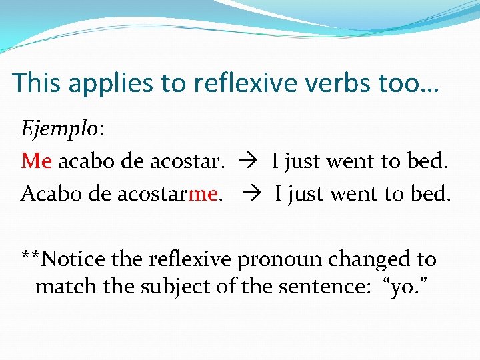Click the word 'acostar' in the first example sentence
pyautogui.click(x=186, y=161)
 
